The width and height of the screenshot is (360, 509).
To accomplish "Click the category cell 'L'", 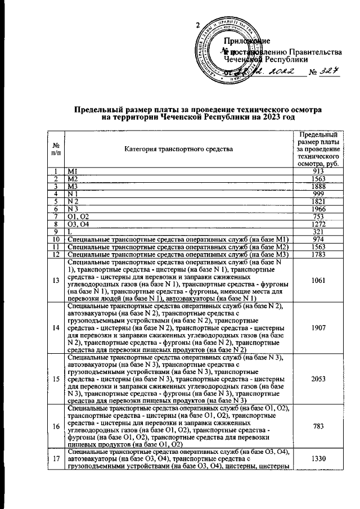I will point(69,232).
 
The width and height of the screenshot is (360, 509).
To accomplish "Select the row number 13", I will point(56,281).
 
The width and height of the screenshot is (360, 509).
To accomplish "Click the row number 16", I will point(56,426).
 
